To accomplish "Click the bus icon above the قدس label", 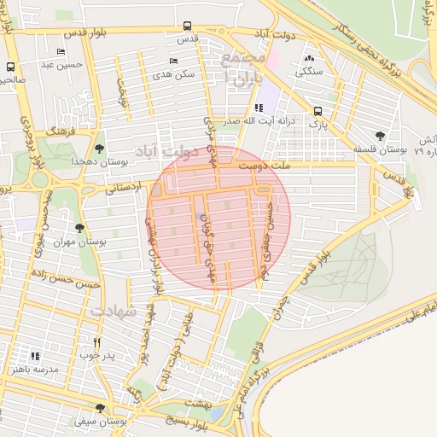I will (186, 27).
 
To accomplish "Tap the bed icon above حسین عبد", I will (60, 52).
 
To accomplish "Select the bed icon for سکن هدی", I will (174, 61).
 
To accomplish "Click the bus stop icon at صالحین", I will (10, 67).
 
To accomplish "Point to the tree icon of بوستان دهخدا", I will (100, 149).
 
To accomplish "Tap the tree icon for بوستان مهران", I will (79, 228).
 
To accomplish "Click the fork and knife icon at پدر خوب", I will (96, 342).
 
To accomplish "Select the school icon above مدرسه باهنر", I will (35, 356).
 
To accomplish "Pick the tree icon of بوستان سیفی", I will (100, 408).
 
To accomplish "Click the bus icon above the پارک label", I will (318, 111).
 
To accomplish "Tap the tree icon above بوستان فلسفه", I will (381, 136).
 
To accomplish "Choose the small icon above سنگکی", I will (309, 59).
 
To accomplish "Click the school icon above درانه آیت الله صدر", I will (259, 108).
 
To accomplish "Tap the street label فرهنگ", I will (63, 133).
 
